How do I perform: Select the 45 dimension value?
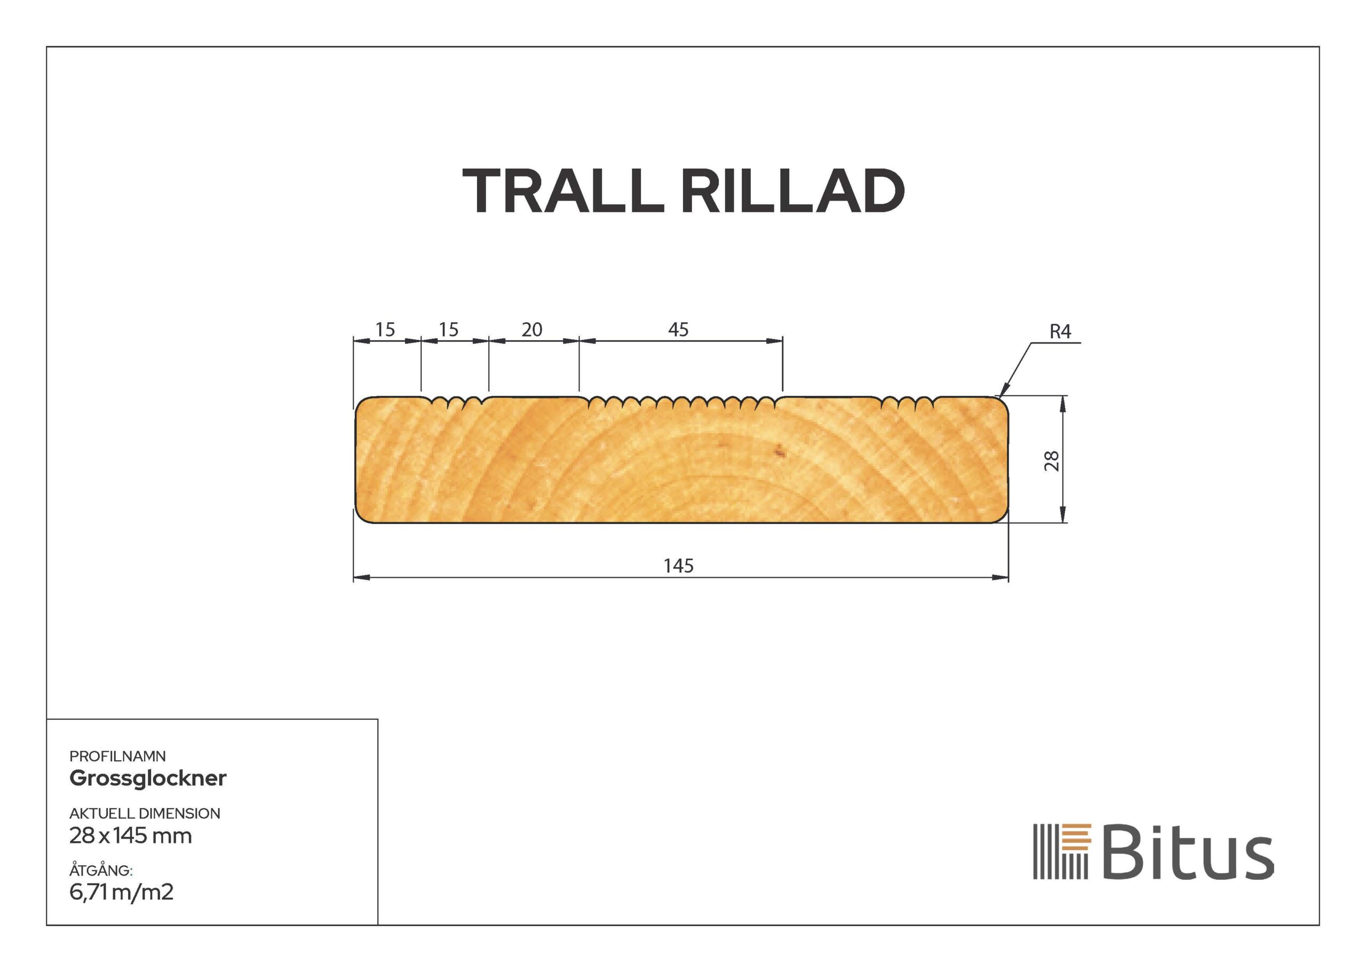coord(678,329)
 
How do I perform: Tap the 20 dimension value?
coord(531,329)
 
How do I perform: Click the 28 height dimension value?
coord(1052,460)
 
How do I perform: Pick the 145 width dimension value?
coord(678,565)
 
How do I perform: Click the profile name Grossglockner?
coord(148,778)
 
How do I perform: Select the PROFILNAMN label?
coord(117,756)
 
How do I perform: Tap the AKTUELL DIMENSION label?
coord(145,814)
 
